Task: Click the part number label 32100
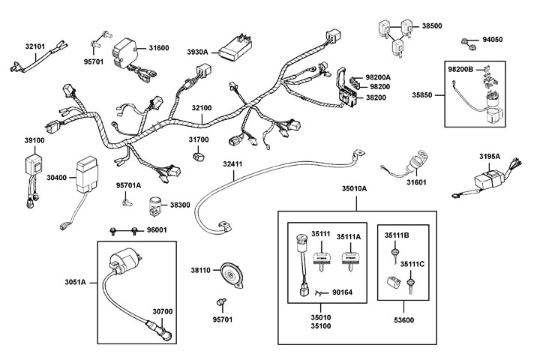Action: click(x=202, y=109)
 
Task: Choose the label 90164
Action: click(x=344, y=293)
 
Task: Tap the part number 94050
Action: click(x=493, y=40)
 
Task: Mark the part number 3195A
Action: click(x=490, y=156)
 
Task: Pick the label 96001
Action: click(x=157, y=230)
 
